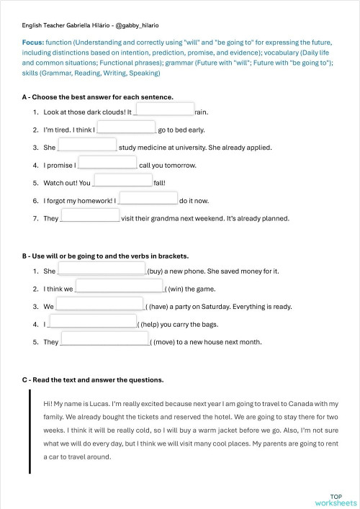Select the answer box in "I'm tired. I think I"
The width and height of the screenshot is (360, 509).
pyautogui.click(x=126, y=127)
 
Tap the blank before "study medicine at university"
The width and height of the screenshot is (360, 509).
pyautogui.click(x=87, y=144)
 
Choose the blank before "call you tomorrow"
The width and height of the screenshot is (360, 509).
pyautogui.click(x=107, y=162)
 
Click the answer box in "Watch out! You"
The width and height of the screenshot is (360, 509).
pyautogui.click(x=122, y=179)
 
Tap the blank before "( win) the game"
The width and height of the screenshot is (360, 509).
pyautogui.click(x=120, y=286)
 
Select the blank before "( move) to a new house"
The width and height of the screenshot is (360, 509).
pyautogui.click(x=104, y=338)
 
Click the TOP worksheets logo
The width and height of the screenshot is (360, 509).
pyautogui.click(x=336, y=500)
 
